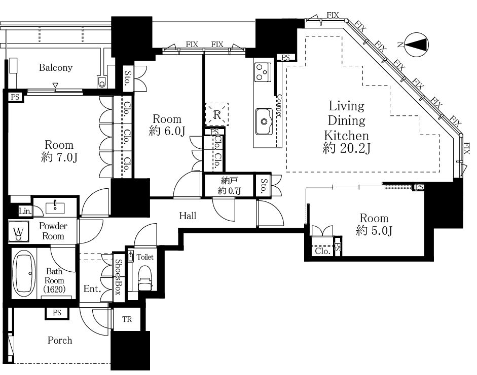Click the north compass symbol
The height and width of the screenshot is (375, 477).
point(417,45)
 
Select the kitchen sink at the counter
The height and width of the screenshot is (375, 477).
point(264,121)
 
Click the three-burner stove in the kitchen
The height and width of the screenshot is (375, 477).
point(263,72)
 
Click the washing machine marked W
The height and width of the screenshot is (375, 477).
point(19,232)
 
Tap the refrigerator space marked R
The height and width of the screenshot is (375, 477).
point(216,114)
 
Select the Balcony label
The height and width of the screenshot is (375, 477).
point(56,67)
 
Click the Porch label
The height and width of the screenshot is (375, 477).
point(60,340)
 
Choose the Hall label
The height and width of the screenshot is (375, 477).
point(188,216)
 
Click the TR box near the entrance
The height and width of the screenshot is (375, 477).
point(127,319)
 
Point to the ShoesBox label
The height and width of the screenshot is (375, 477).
point(118,277)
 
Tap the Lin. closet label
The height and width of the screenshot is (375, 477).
point(25,212)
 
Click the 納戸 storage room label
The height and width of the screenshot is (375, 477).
point(229,181)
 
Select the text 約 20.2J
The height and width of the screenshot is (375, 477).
point(347,148)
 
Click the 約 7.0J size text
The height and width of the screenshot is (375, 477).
point(59,157)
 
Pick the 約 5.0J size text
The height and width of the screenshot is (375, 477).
point(374,231)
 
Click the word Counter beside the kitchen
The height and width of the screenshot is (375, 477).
point(279,105)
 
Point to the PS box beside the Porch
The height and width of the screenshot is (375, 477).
point(57,313)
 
